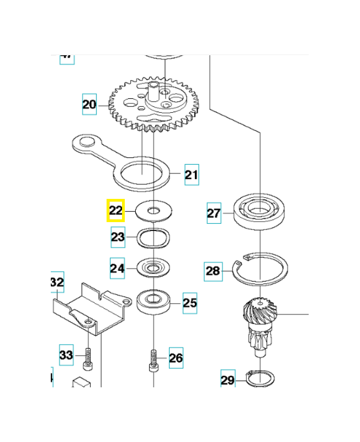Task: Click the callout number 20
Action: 89,104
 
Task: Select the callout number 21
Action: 191,175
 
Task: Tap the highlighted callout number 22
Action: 115,211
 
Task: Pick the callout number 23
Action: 118,238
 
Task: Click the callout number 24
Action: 117,269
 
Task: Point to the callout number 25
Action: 189,303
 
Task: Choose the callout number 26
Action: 176,358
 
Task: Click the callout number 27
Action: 214,213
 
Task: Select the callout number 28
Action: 213,271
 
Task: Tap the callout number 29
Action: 228,380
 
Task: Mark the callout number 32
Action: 57,282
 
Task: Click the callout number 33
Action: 66,355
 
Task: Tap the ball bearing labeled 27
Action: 258,210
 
